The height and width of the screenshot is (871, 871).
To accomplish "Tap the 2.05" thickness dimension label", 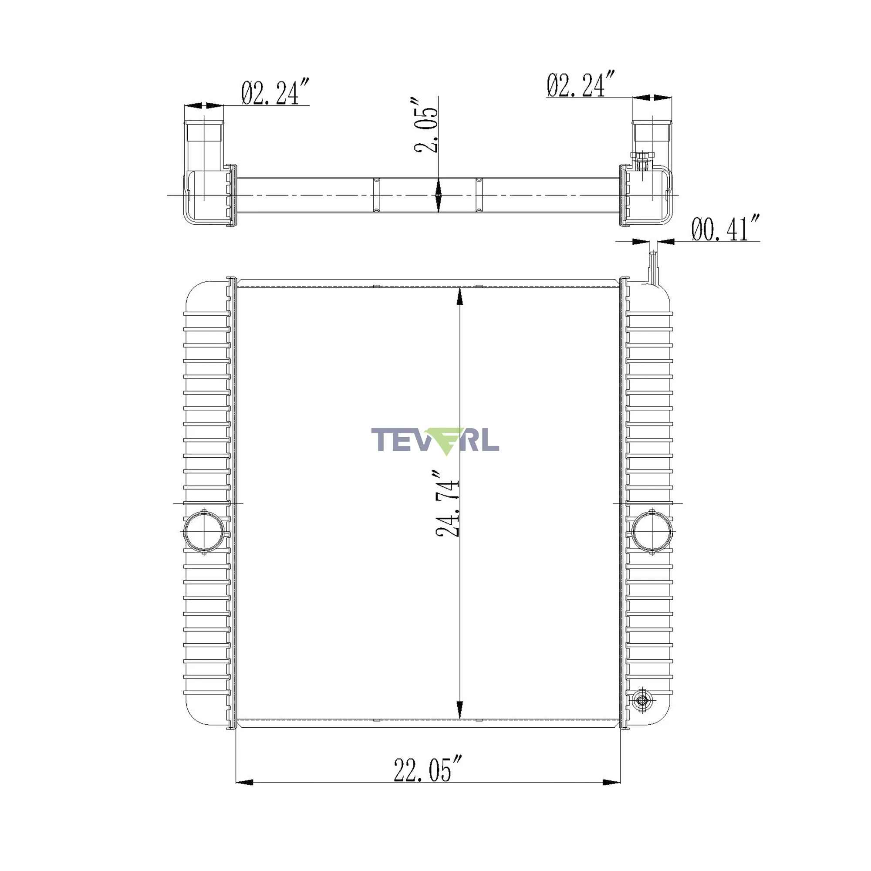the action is pyautogui.click(x=426, y=125).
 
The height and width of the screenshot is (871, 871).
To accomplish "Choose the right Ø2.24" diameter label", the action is pyautogui.click(x=581, y=84).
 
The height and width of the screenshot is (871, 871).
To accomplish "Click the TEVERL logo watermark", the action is pyautogui.click(x=435, y=441).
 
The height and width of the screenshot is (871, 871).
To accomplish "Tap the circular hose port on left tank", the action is pyautogui.click(x=204, y=532).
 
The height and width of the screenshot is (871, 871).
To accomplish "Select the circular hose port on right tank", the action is pyautogui.click(x=652, y=532).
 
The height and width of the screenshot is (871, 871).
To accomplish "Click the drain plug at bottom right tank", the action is pyautogui.click(x=642, y=700).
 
